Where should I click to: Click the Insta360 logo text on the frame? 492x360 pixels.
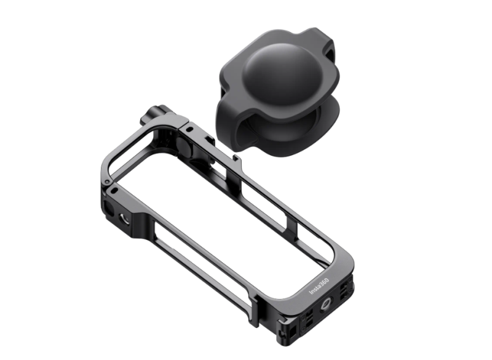click(x=319, y=286)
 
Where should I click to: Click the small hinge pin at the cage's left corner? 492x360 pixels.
click(x=107, y=182)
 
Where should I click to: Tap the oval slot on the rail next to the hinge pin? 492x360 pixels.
click(x=115, y=190)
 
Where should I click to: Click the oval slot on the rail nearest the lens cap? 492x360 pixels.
click(x=189, y=129)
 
